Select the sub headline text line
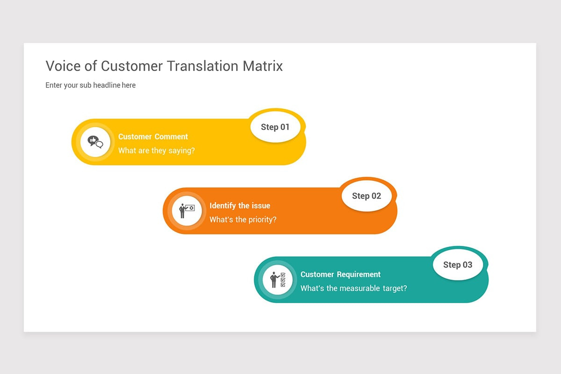click(90, 85)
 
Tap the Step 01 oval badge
click(275, 127)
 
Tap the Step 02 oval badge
click(366, 196)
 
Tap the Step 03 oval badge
click(457, 265)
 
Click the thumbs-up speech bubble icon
click(95, 142)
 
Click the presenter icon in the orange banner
click(187, 210)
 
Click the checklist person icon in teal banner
click(277, 280)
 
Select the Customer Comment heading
click(153, 137)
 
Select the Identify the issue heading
click(239, 206)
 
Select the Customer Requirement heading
click(340, 274)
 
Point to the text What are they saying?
click(156, 151)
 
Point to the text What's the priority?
click(243, 219)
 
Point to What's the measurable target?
click(353, 288)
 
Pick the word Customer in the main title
click(131, 66)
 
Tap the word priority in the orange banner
click(261, 220)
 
